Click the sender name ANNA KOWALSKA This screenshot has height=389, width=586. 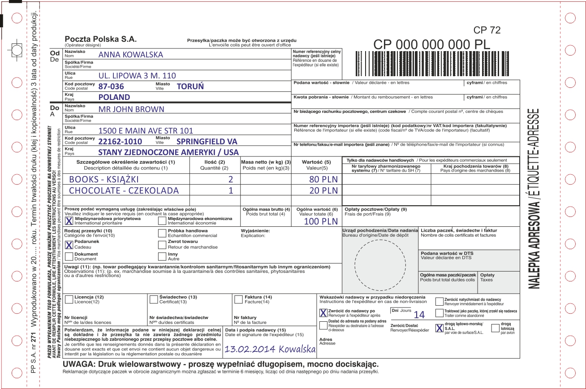pyautogui.click(x=131, y=55)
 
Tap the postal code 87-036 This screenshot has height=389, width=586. pyautogui.click(x=111, y=86)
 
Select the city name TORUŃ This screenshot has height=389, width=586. pyautogui.click(x=190, y=86)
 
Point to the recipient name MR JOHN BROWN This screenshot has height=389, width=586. pyautogui.click(x=131, y=109)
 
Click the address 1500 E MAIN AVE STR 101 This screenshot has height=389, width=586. pyautogui.click(x=146, y=131)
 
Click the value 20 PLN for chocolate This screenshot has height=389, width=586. pyautogui.click(x=320, y=190)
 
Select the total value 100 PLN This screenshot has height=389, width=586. pyautogui.click(x=321, y=221)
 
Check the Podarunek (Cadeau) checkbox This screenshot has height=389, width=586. pyautogui.click(x=69, y=245)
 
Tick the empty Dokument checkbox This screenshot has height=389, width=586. pyautogui.click(x=69, y=256)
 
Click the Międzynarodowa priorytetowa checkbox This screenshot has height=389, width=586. pyautogui.click(x=69, y=221)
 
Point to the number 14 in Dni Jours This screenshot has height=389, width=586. pyautogui.click(x=419, y=315)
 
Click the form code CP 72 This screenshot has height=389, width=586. pyautogui.click(x=487, y=30)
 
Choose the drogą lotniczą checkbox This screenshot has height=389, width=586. pyautogui.click(x=495, y=328)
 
